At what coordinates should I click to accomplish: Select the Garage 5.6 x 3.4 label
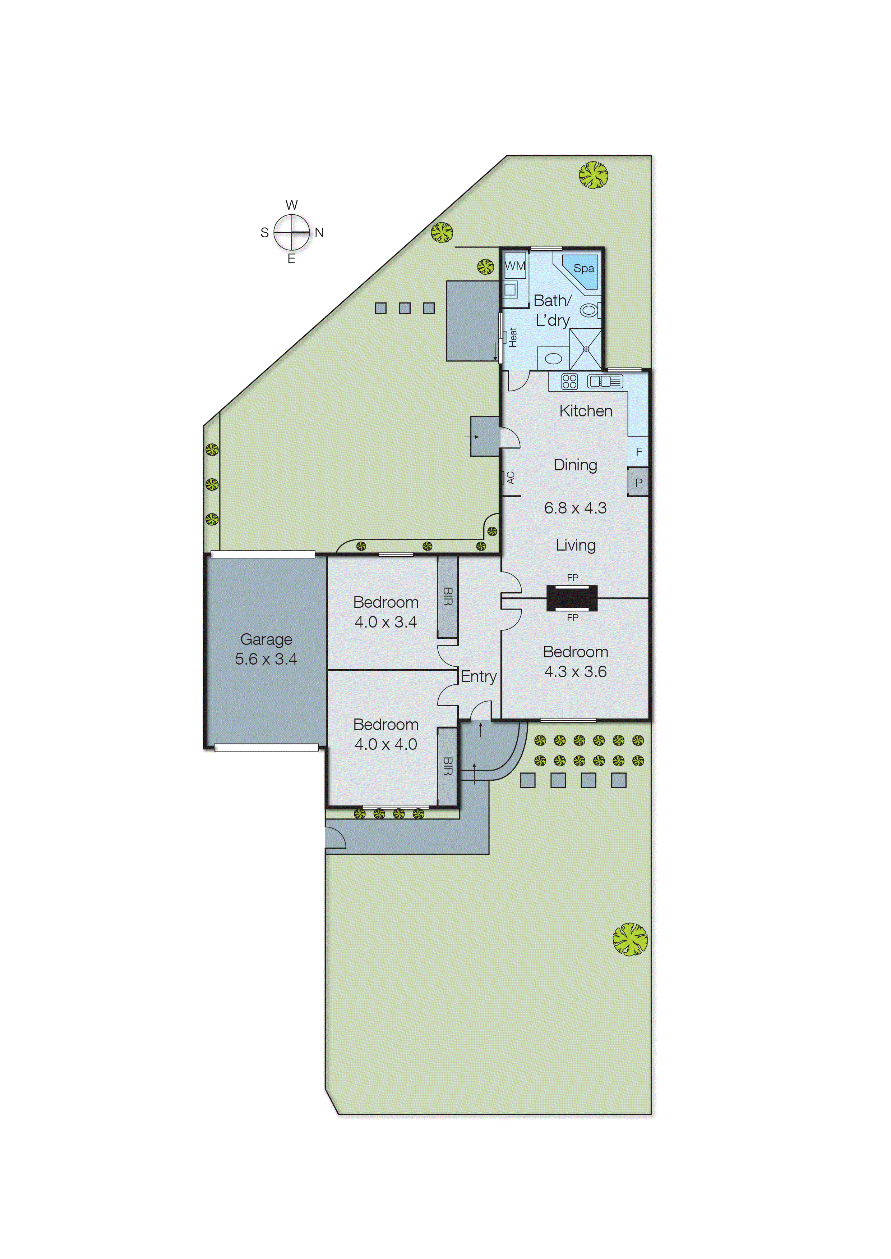click(266, 649)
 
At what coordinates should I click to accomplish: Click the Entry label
click(479, 676)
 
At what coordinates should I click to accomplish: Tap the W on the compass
click(291, 205)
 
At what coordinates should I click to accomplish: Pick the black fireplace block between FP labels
click(572, 598)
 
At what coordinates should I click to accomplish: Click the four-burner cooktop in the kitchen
click(569, 381)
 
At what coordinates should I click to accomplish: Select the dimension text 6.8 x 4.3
click(575, 508)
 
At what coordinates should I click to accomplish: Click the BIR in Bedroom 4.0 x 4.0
click(448, 766)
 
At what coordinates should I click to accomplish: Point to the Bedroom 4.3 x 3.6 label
click(575, 662)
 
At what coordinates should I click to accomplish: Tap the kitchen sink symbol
click(605, 381)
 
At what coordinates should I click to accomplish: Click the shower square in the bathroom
click(585, 349)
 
